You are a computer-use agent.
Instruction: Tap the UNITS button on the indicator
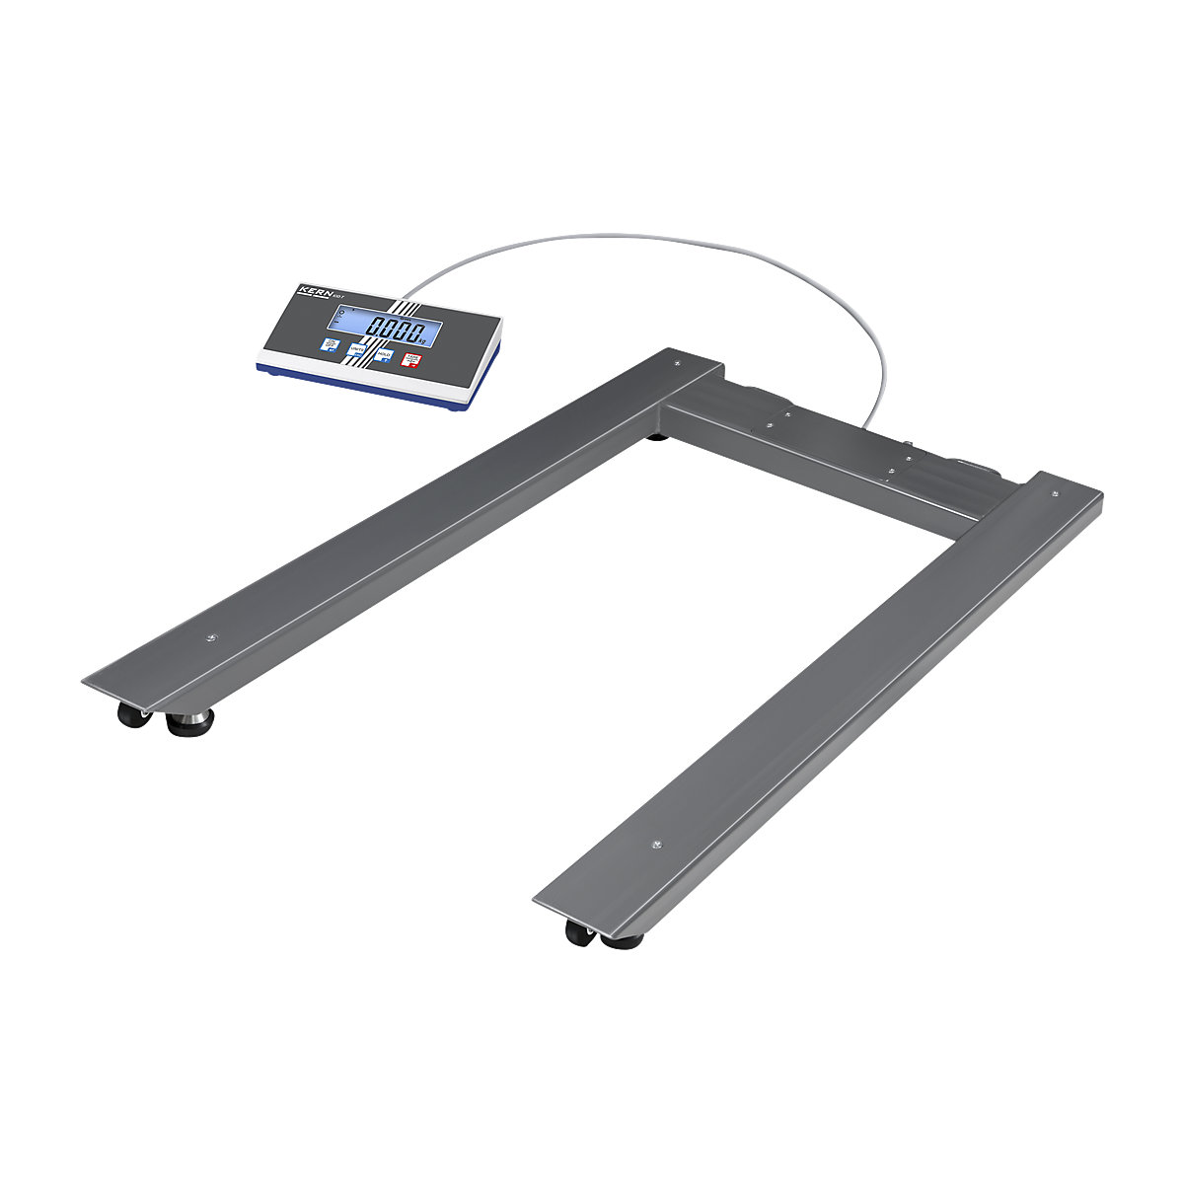(x=357, y=349)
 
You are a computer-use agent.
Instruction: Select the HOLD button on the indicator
(x=385, y=356)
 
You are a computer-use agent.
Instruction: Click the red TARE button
(x=412, y=362)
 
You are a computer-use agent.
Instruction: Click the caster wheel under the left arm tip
(x=129, y=714)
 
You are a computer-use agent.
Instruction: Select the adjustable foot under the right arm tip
(x=622, y=940)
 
